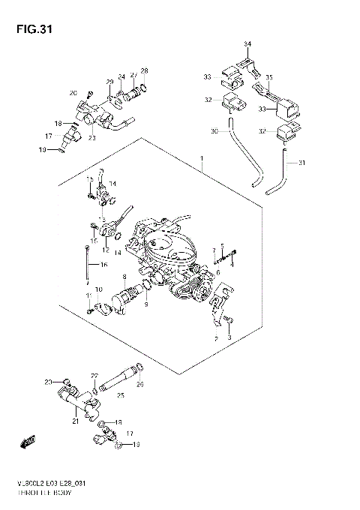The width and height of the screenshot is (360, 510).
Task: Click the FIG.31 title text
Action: [28, 30]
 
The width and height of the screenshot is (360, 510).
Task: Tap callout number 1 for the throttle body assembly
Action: [202, 157]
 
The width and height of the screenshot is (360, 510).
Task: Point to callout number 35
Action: [269, 77]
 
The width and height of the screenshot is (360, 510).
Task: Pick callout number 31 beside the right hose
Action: [302, 163]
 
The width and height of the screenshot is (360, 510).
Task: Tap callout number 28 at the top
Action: [144, 71]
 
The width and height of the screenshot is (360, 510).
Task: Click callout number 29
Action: [109, 81]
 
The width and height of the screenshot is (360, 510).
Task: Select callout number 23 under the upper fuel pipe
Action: [92, 137]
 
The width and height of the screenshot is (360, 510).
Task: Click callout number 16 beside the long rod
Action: [104, 265]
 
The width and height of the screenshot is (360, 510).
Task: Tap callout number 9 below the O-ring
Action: [146, 304]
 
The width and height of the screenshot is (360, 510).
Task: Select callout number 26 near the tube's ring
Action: [139, 385]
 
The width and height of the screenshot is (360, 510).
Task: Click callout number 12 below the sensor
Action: [105, 250]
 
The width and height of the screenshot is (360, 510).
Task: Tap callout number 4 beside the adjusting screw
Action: [232, 264]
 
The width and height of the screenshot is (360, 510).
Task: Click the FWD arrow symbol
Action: [28, 442]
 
